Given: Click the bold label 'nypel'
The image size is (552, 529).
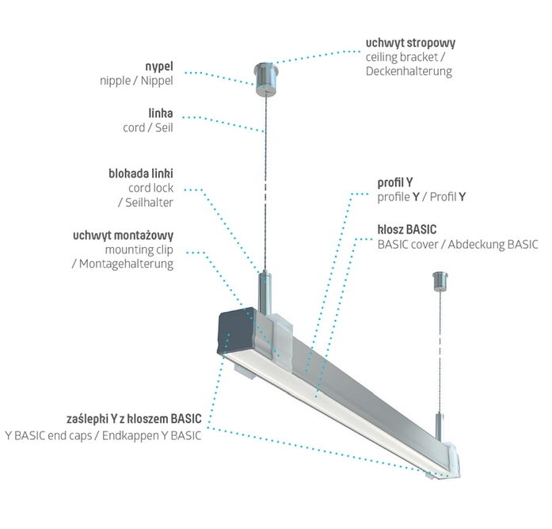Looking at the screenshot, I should pyautogui.click(x=159, y=66).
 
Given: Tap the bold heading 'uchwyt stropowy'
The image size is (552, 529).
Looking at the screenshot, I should pyautogui.click(x=410, y=42).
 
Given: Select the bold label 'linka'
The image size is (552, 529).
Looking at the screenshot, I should pyautogui.click(x=160, y=113).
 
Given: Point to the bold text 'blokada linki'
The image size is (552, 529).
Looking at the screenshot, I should pyautogui.click(x=140, y=173).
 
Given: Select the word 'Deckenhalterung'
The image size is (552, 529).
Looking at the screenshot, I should pyautogui.click(x=409, y=71).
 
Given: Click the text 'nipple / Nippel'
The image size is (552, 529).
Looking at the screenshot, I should pyautogui.click(x=136, y=80).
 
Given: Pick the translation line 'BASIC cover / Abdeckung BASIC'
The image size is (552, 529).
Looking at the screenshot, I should pyautogui.click(x=458, y=244).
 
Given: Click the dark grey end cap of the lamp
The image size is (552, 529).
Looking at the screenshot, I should pyautogui.click(x=235, y=333).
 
